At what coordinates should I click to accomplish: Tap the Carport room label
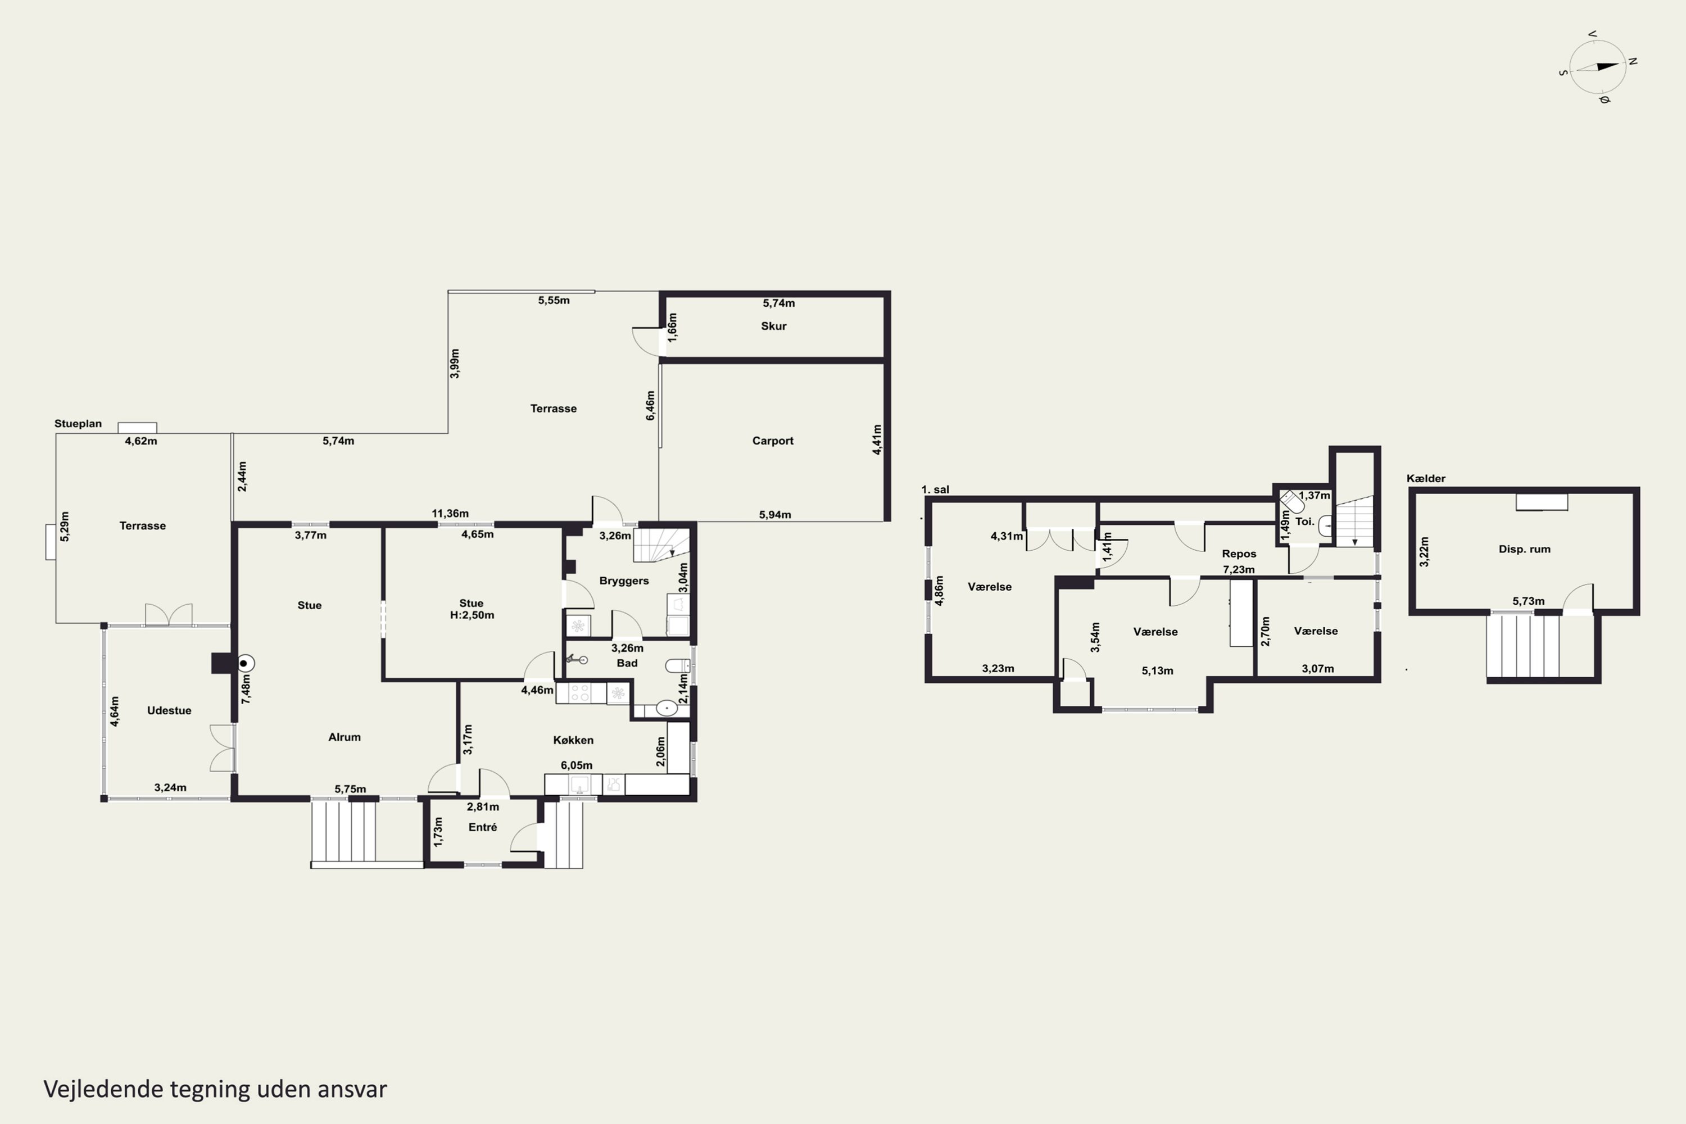coord(772,441)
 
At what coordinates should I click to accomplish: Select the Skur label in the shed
coord(773,326)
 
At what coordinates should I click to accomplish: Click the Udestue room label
coord(169,710)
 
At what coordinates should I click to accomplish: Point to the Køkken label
coord(573,740)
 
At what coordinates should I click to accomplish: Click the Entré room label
coord(482,827)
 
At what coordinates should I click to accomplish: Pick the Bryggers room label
coord(624,581)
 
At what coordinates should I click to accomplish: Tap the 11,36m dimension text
coord(450,513)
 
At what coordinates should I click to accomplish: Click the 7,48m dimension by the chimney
coord(246,689)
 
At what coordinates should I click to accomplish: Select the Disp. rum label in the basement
coord(1524,549)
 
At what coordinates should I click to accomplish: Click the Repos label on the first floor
coord(1239,554)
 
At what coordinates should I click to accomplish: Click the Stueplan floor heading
coord(78,424)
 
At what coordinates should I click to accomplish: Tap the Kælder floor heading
coord(1426,478)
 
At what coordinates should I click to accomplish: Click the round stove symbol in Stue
coord(244,664)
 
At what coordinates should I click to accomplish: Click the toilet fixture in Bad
coord(677,666)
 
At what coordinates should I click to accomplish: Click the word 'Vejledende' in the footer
coord(104,1089)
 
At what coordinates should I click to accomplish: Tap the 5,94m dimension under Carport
coord(775,515)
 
